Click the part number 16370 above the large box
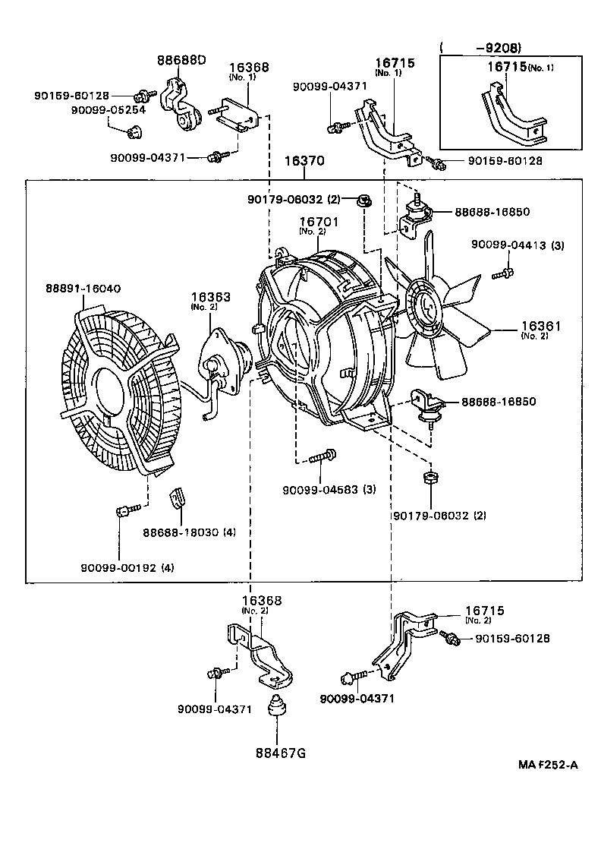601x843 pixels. tap(304, 162)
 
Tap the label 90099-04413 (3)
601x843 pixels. tap(517, 245)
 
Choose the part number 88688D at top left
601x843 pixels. tap(181, 60)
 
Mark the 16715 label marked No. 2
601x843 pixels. tap(483, 611)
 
